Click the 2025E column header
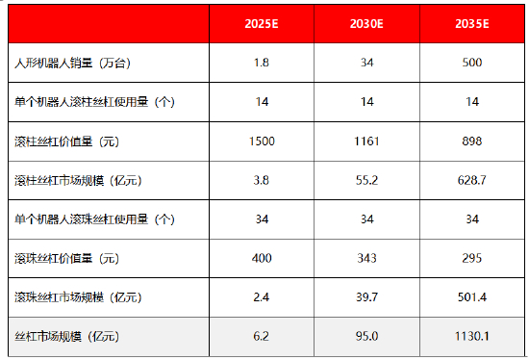click(x=262, y=23)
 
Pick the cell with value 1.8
click(x=261, y=63)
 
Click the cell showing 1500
click(x=261, y=141)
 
